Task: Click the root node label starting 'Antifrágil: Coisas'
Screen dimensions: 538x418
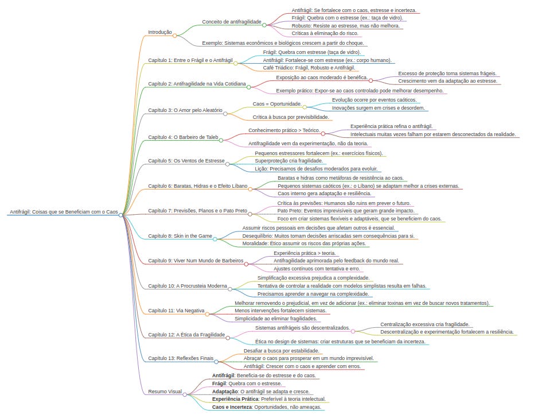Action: point(63,212)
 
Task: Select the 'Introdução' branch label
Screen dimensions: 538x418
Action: point(160,32)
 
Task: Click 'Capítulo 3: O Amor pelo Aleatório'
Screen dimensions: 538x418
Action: point(185,110)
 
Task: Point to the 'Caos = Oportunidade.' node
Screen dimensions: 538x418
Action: point(277,104)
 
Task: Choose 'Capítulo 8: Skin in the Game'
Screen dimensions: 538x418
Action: point(180,235)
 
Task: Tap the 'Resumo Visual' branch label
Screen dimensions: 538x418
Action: point(165,391)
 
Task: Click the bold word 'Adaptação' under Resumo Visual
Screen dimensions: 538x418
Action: point(225,391)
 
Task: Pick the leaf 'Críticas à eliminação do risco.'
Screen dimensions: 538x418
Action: point(325,33)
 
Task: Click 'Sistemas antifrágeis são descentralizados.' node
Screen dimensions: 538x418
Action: point(302,327)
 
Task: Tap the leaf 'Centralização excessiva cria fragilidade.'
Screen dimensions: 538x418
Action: point(424,324)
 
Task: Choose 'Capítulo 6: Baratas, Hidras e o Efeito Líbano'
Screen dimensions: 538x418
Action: point(197,185)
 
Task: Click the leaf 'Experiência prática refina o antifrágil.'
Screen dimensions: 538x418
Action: point(392,126)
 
